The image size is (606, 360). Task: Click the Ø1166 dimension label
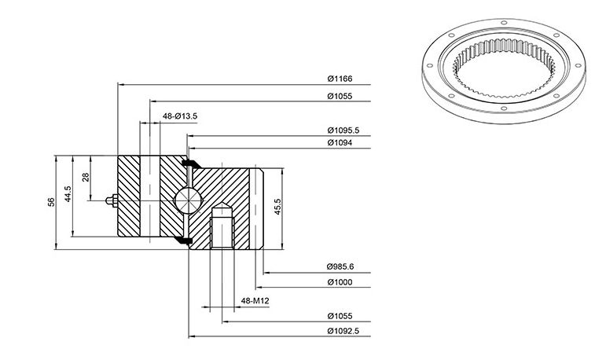tap(340, 79)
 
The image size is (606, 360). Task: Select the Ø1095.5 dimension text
tap(343, 130)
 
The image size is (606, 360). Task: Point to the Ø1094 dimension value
tap(340, 143)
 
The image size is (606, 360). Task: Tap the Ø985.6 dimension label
tap(340, 266)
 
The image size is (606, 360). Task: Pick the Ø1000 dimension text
tap(340, 282)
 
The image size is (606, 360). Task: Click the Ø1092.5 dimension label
tap(343, 331)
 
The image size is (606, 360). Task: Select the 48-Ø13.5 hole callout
tap(180, 116)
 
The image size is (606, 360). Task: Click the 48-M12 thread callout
tap(255, 300)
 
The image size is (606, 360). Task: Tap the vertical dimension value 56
tap(51, 202)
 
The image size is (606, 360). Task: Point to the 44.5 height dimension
tap(68, 194)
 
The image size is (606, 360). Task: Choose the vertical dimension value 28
tap(86, 177)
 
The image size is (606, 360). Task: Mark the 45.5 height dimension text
tap(277, 207)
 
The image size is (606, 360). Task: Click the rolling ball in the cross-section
tap(188, 200)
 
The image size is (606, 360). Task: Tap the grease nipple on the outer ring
tap(112, 200)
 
